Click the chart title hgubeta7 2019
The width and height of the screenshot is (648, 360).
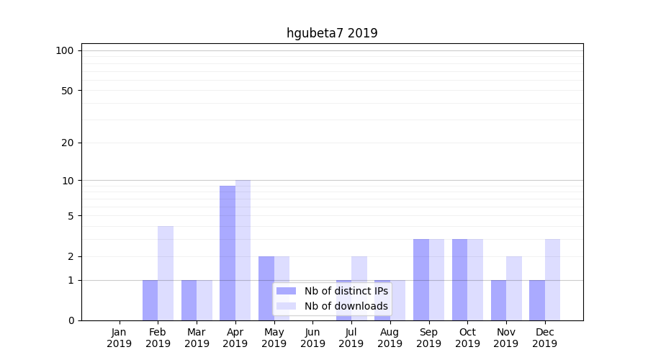tap(332, 33)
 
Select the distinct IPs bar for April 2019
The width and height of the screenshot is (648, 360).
tap(228, 253)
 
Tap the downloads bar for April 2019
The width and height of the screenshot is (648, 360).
tap(243, 250)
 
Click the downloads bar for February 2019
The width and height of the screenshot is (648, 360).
tap(166, 273)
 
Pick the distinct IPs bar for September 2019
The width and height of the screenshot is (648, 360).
tap(421, 279)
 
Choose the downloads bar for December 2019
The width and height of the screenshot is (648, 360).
tap(552, 279)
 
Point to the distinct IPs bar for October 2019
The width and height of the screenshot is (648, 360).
tap(459, 279)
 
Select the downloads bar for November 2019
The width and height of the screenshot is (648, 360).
tap(514, 288)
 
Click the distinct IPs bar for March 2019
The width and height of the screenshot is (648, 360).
tap(189, 300)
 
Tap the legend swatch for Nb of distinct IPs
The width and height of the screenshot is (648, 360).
tap(286, 291)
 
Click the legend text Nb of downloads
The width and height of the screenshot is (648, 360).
tap(346, 306)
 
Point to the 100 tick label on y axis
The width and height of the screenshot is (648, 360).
tap(65, 50)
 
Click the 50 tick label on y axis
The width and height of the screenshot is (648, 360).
tap(68, 91)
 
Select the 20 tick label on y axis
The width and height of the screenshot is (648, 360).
tap(68, 143)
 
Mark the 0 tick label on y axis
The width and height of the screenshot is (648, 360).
tap(71, 320)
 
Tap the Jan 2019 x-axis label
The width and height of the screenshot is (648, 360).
tap(120, 338)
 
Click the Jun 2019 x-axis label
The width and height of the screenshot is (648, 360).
tap(312, 338)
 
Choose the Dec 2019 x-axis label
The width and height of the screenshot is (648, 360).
tap(544, 338)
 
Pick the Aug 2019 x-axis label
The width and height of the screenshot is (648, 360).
tap(390, 338)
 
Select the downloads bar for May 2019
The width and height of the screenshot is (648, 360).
tap(282, 288)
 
